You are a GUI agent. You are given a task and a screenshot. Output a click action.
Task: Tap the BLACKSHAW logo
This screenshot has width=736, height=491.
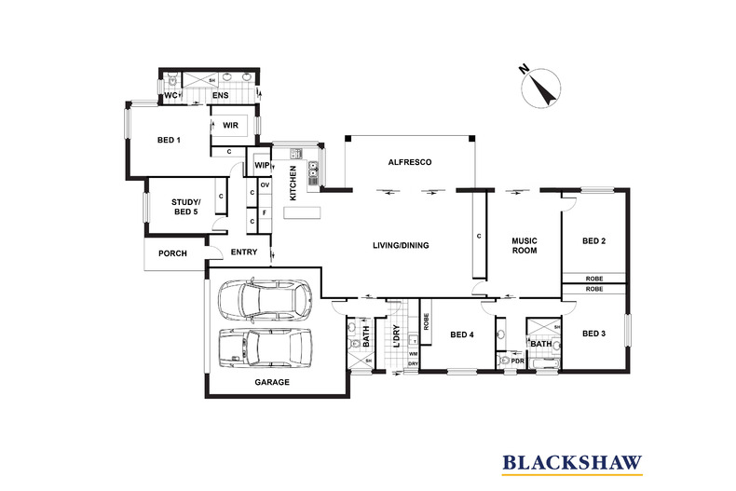click(571, 461)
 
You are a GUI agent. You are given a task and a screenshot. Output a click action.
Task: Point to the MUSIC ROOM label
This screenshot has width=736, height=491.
click(525, 247)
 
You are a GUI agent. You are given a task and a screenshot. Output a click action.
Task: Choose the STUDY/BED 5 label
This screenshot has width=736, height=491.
click(184, 207)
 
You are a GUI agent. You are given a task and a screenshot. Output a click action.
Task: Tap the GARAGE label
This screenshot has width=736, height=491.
click(272, 382)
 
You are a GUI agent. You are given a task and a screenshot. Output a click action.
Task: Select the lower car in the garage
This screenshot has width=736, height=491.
click(260, 348)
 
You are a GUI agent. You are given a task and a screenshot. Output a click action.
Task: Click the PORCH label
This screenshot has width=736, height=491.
click(173, 253)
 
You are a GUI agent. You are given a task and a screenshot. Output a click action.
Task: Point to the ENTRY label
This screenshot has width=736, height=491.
click(244, 252)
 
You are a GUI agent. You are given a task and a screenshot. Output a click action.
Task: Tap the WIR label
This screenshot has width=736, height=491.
click(231, 125)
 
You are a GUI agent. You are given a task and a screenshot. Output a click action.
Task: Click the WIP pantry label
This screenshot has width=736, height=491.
click(262, 166)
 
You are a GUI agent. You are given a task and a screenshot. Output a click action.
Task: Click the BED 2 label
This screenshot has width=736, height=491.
click(593, 241)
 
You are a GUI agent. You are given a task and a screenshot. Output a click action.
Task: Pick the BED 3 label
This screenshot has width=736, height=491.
click(593, 333)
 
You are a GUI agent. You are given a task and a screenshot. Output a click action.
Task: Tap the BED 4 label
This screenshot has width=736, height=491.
click(462, 335)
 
